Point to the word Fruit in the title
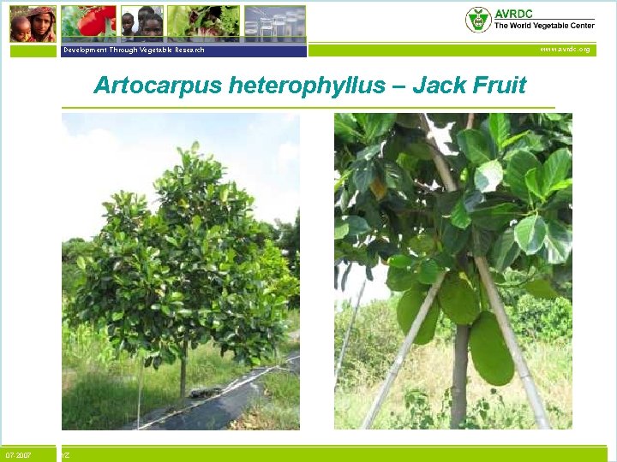498,86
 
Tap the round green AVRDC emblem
478,20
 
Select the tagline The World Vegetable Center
544,26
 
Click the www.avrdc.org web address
564,50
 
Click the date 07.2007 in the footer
19,455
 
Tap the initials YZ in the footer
65,455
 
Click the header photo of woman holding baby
33,23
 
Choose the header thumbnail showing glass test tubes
274,23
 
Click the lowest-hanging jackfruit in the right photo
492,349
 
